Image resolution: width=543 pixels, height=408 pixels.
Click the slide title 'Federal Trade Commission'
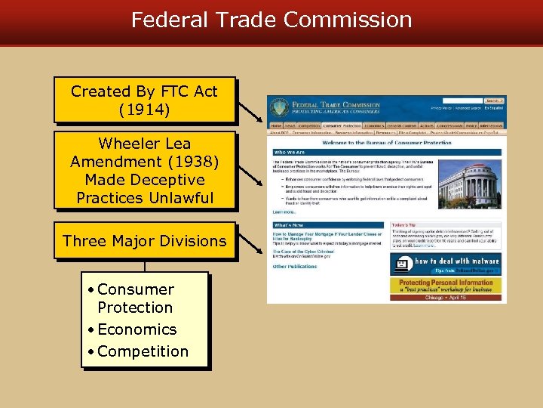coord(271,20)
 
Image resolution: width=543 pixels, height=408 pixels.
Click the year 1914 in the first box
coord(145,110)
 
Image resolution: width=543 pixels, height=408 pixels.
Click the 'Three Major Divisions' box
coord(145,241)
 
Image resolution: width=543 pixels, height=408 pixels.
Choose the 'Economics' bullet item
coord(137,329)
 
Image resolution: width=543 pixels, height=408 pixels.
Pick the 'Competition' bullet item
coord(143,351)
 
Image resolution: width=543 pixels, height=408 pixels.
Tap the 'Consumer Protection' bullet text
coord(135,298)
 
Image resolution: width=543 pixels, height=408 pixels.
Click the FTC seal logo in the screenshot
coord(280,107)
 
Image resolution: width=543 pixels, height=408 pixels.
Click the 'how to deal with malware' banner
coord(448,264)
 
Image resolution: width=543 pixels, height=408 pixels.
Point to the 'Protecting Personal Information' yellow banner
coord(448,285)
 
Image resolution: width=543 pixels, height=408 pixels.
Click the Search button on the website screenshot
coord(494,100)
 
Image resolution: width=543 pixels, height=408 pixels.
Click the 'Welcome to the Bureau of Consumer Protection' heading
coord(386,143)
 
